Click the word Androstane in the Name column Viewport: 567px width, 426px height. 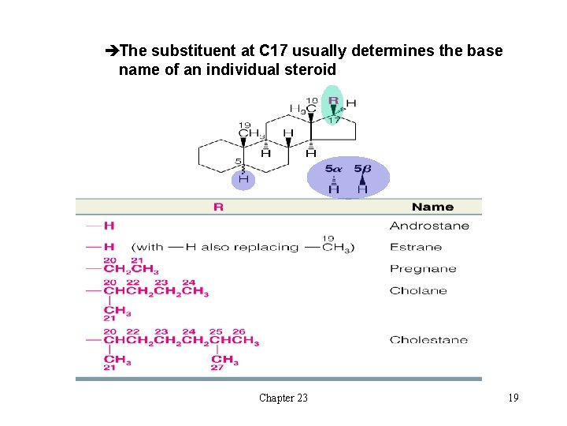tap(428, 226)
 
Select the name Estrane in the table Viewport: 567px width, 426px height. tap(416, 247)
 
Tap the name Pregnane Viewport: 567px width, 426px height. tap(423, 269)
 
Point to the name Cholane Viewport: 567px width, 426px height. tap(418, 290)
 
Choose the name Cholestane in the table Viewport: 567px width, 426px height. tap(428, 340)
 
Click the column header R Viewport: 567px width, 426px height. tap(218, 207)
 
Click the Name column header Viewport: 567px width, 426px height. tap(432, 207)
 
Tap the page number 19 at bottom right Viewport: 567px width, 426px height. tap(513, 398)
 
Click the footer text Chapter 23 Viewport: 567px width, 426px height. tap(283, 398)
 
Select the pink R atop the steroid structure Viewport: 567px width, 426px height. tap(333, 101)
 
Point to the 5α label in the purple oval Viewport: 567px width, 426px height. tap(334, 169)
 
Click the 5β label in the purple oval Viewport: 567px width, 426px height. tap(362, 169)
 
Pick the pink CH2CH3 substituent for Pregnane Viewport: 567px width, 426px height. tap(131, 271)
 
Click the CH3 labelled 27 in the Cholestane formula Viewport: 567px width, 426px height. tap(224, 360)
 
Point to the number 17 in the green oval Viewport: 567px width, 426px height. tap(334, 120)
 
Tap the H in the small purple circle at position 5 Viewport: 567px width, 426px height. tap(243, 179)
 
